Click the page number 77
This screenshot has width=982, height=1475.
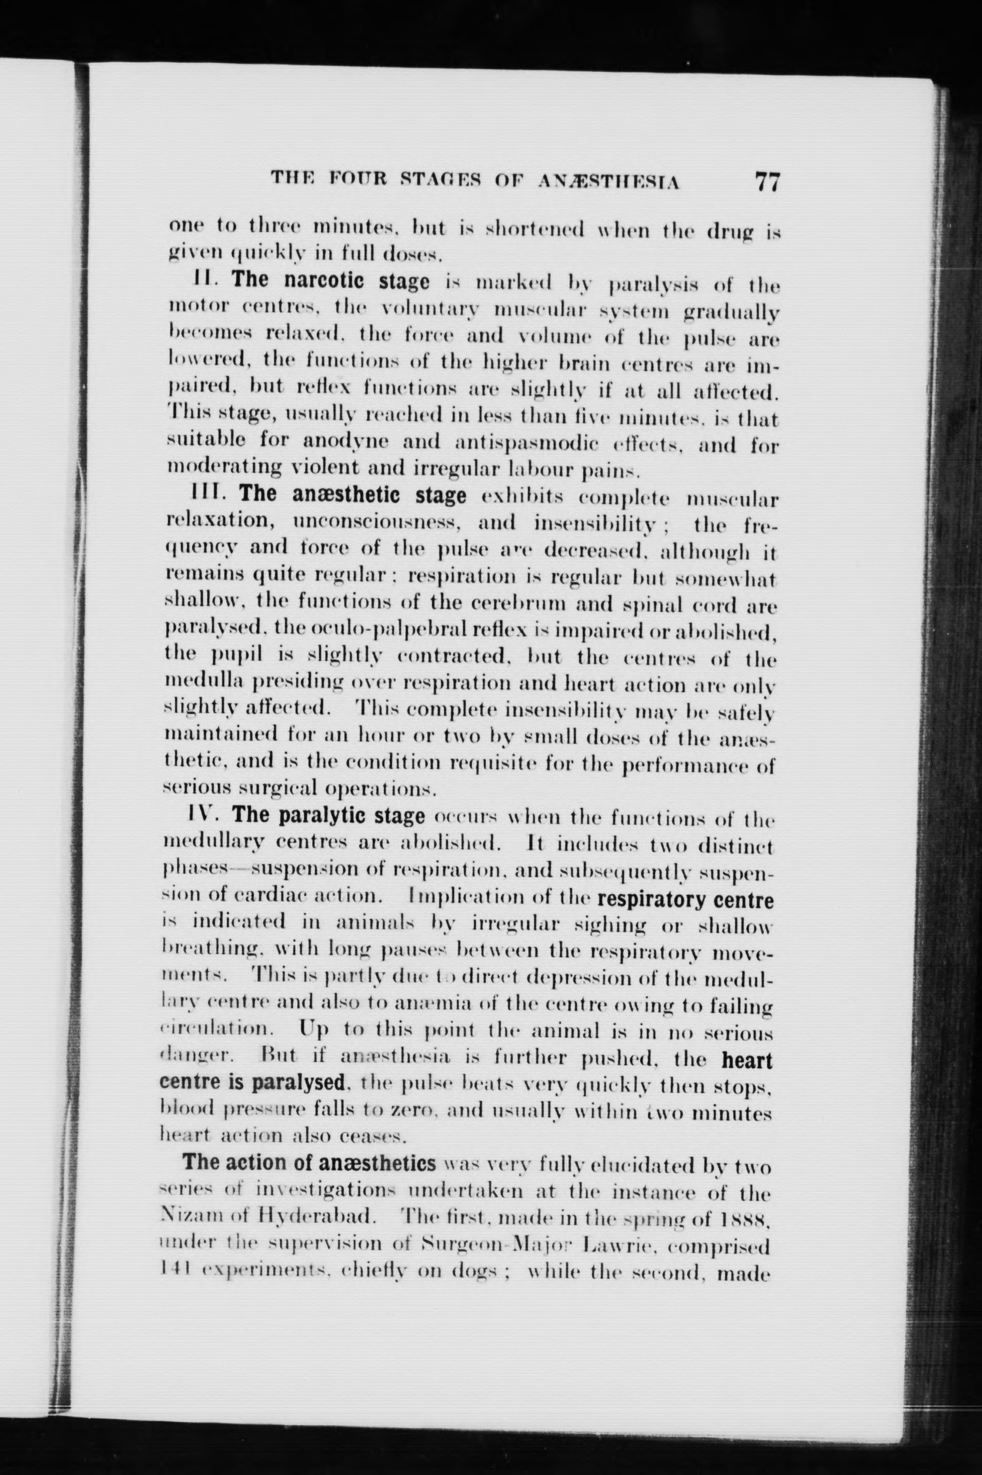point(767,182)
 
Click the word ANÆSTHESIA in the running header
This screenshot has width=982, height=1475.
point(609,182)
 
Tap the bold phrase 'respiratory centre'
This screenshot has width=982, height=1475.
point(686,900)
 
